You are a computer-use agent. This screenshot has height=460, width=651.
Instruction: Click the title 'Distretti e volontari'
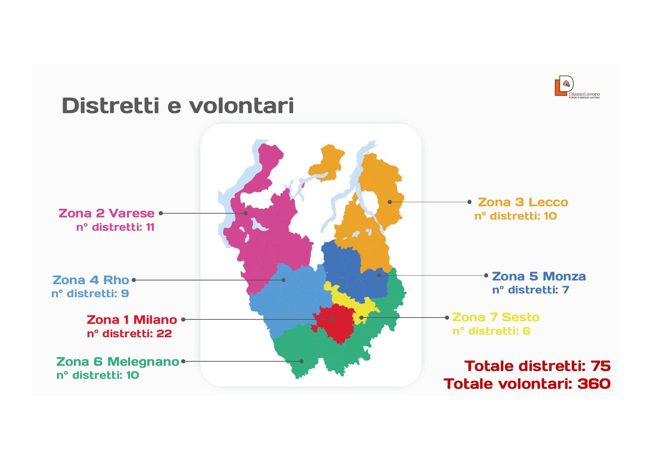[178, 106]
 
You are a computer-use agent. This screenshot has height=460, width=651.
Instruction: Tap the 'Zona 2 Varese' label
[107, 213]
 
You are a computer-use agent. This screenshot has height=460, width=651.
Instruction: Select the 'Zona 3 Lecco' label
[523, 202]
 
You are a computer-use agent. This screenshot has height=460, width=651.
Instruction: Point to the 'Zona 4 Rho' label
[91, 280]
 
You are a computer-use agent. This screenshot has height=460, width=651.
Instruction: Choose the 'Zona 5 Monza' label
[539, 276]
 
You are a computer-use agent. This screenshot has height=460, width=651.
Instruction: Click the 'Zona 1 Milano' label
[132, 319]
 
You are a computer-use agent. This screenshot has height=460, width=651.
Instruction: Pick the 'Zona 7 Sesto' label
[496, 317]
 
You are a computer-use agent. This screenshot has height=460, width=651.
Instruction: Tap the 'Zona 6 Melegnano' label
[118, 361]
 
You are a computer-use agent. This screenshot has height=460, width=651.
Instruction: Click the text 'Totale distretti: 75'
[537, 366]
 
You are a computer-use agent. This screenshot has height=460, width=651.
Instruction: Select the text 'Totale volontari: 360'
[527, 384]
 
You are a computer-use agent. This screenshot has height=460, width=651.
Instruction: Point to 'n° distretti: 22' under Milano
[130, 333]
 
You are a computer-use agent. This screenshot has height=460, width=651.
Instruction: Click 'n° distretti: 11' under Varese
[115, 227]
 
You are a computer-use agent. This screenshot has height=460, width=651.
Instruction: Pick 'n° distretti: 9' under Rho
[90, 293]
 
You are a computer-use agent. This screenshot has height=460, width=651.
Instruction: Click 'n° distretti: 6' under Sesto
[491, 331]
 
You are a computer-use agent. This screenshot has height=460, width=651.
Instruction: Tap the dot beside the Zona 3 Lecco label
[470, 202]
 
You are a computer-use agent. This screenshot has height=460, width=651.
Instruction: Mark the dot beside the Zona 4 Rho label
[134, 280]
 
